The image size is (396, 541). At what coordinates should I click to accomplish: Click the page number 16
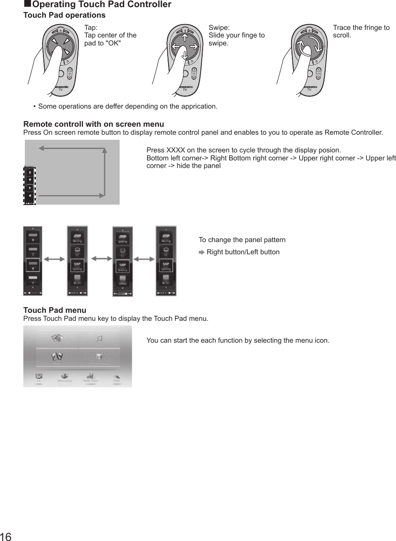[x=6, y=536]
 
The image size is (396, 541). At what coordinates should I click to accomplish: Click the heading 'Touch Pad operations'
[x=64, y=15]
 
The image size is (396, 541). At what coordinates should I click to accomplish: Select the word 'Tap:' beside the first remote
[x=91, y=28]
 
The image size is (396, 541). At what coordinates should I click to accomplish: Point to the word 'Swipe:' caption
[x=219, y=28]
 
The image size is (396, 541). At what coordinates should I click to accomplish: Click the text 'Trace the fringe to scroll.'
[x=361, y=31]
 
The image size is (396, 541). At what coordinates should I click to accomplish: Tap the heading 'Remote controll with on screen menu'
[x=94, y=124]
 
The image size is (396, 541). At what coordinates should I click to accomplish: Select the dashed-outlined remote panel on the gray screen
[x=29, y=185]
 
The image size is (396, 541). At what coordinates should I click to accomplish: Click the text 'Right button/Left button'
[x=243, y=252]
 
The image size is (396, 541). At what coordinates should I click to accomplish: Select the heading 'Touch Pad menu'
[x=55, y=310]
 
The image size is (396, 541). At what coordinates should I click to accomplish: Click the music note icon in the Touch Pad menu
[x=99, y=338]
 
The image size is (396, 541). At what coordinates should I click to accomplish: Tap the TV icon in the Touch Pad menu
[x=39, y=376]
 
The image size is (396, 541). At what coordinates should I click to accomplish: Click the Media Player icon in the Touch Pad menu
[x=90, y=376]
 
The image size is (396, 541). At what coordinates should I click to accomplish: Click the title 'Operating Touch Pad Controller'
[x=102, y=5]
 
